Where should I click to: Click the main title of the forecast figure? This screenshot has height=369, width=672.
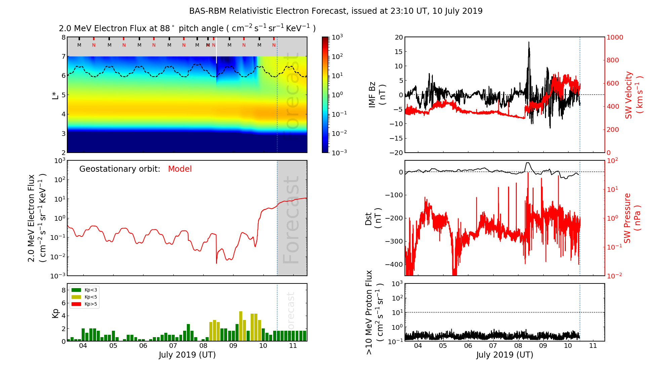coord(336,11)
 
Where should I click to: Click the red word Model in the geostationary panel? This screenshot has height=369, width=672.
coord(180,169)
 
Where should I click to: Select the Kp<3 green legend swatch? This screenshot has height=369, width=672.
coord(76,290)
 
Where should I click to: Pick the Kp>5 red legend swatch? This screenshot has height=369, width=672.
coord(76,304)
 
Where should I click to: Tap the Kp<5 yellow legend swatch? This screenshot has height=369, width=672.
coord(76,297)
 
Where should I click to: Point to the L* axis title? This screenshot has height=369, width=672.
coord(55,95)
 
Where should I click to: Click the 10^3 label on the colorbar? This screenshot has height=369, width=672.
coord(337,37)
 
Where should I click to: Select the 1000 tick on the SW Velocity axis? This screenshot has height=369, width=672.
coord(615,37)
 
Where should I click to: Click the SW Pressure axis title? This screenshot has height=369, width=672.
coord(632,218)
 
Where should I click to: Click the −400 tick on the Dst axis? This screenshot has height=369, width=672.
coord(394,264)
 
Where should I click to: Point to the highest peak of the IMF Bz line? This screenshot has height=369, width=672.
coord(529,42)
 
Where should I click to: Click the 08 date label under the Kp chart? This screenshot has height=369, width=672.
coord(203,346)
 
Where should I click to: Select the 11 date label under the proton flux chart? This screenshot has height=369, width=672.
coord(593,346)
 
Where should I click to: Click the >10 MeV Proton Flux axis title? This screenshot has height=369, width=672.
coord(374,312)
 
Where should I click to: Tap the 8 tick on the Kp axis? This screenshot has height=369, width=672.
coord(64,290)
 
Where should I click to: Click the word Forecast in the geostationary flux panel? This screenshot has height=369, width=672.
coord(291,220)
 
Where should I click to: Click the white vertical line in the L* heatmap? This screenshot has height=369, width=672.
coord(216,50)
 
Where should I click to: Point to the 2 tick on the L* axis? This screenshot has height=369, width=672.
coord(64,153)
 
